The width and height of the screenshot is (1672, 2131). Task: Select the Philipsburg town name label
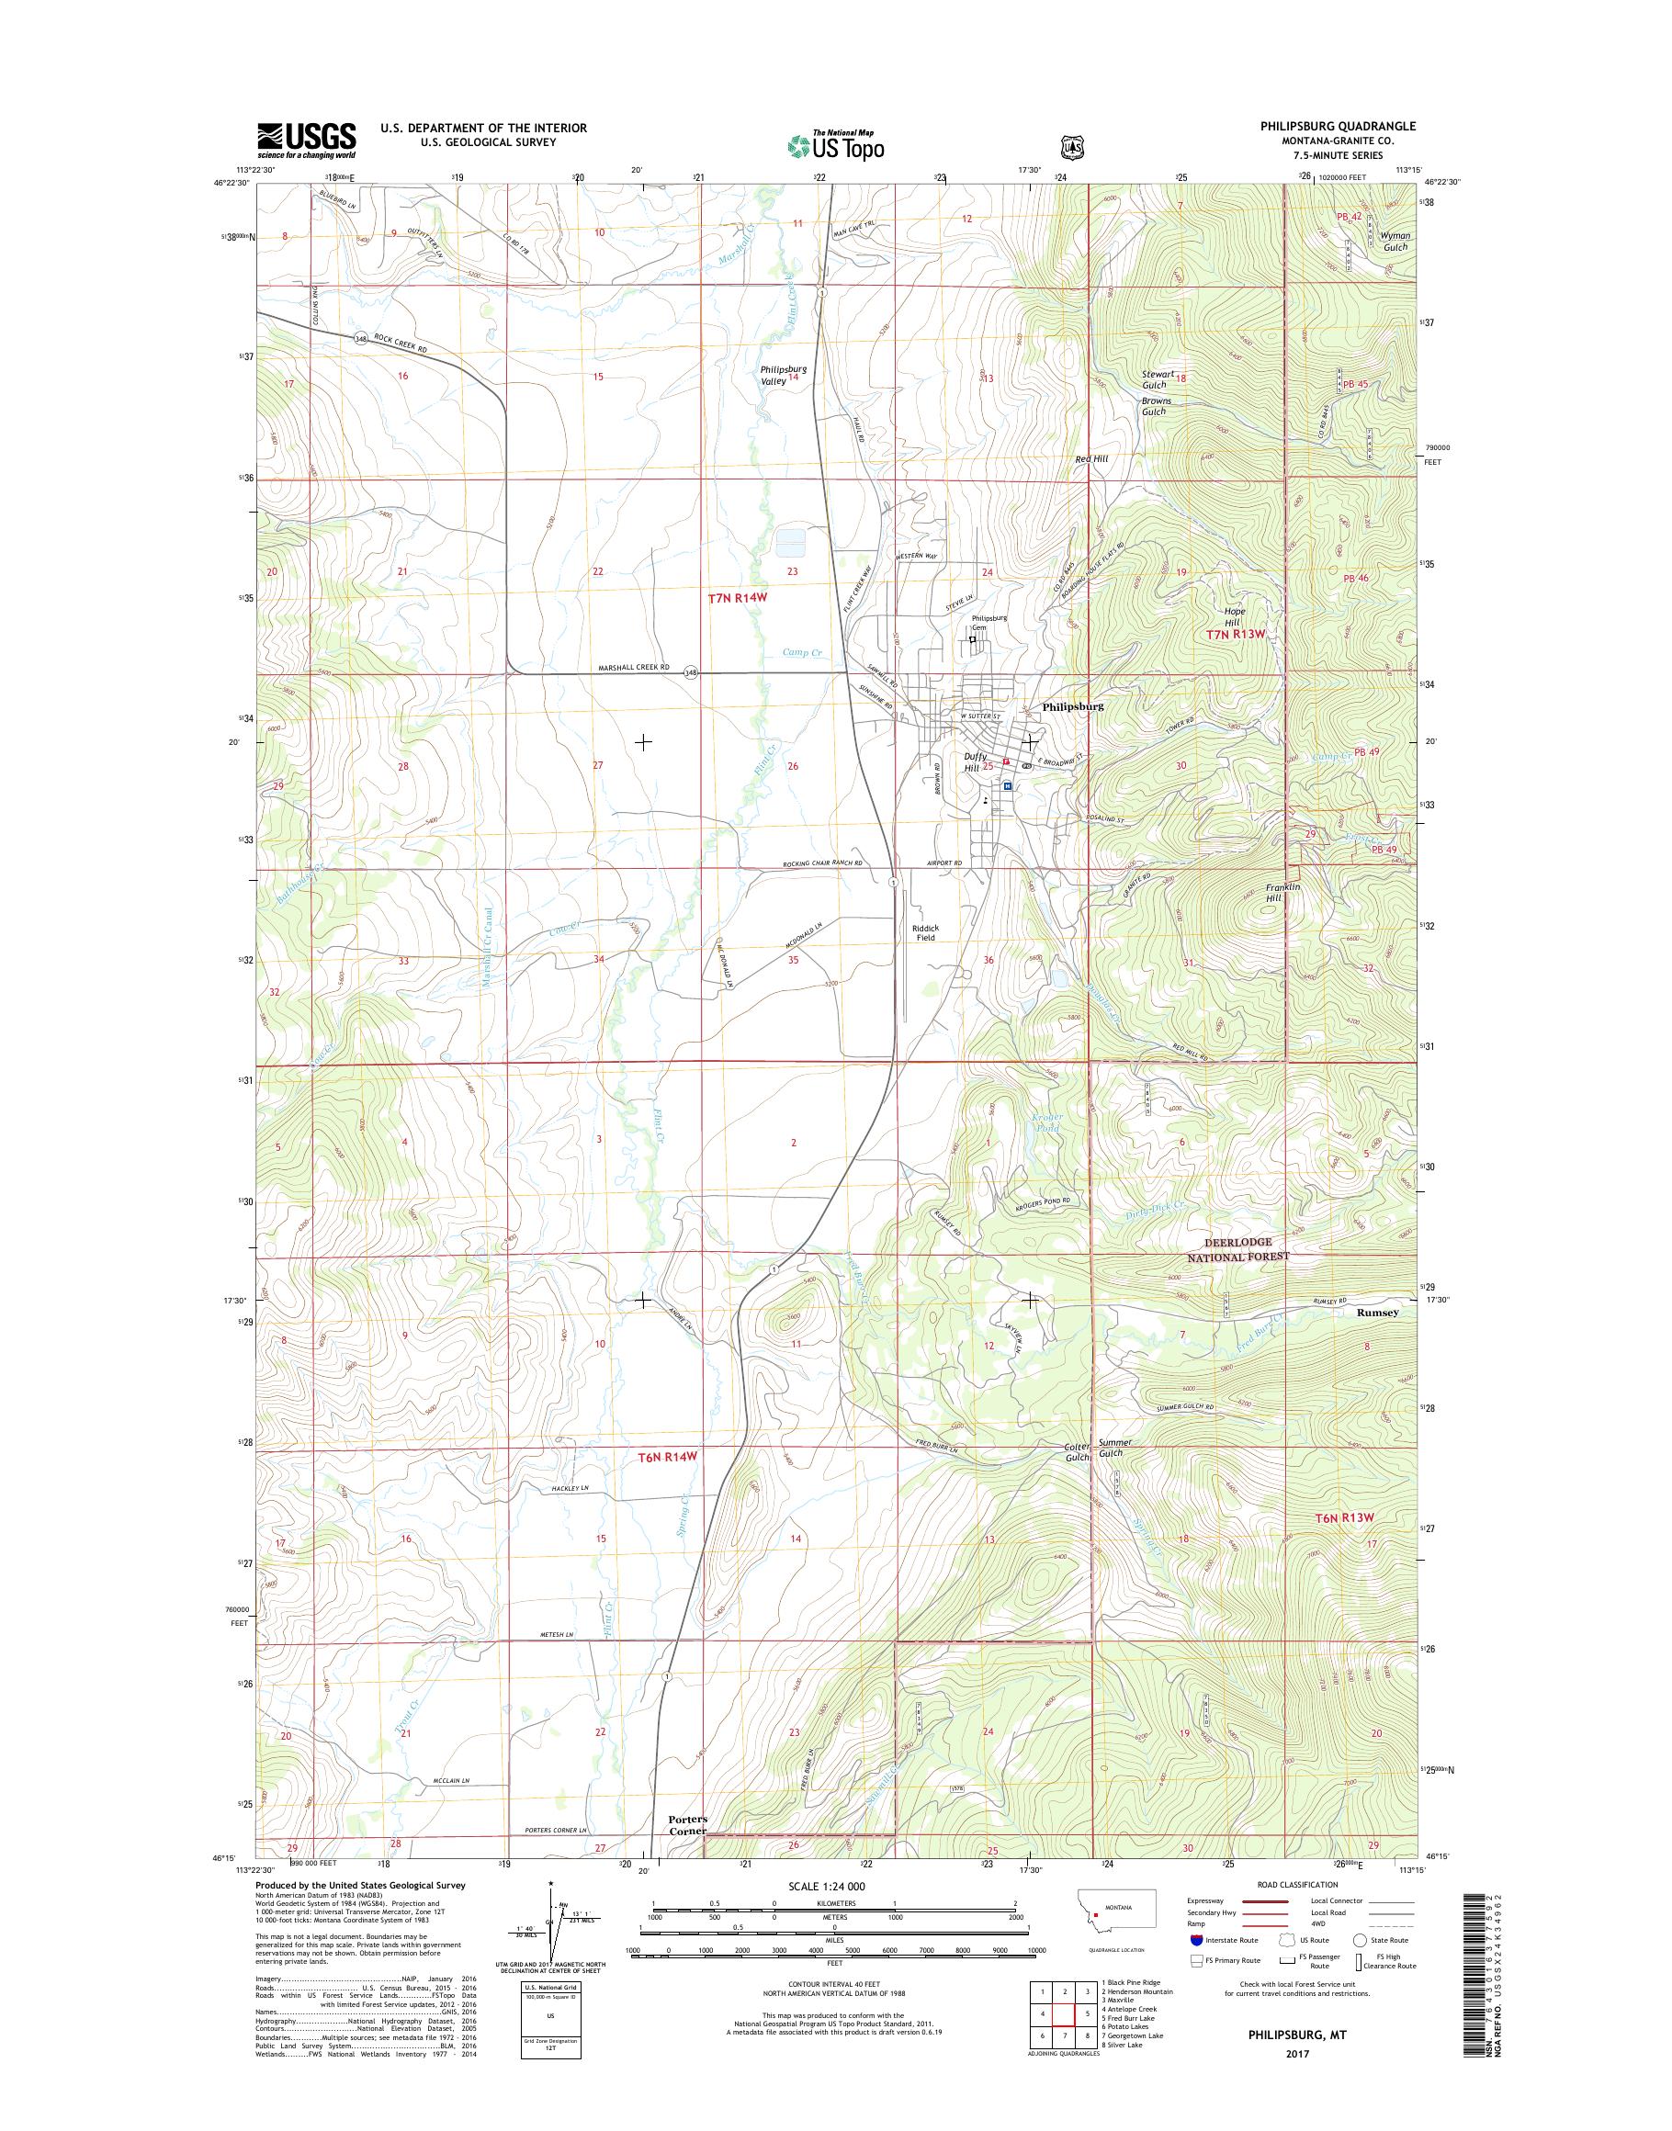coord(1073,705)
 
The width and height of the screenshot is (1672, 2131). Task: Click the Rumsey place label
coord(1378,1313)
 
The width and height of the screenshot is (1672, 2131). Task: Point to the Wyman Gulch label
coord(1394,242)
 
